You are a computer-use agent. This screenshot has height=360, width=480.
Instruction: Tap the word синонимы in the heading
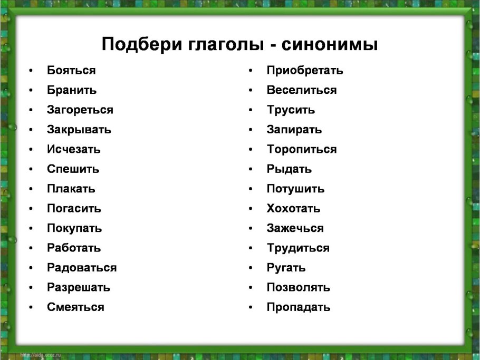pyautogui.click(x=330, y=44)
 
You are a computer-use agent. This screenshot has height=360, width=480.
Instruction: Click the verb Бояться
pyautogui.click(x=71, y=70)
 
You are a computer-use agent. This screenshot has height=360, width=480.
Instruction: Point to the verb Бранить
pyautogui.click(x=72, y=90)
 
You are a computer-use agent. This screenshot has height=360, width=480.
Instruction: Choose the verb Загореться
pyautogui.click(x=80, y=110)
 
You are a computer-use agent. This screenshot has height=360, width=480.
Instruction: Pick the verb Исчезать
pyautogui.click(x=73, y=149)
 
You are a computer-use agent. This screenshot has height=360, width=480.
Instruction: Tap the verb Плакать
pyautogui.click(x=71, y=189)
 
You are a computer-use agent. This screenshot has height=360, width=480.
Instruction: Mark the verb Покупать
pyautogui.click(x=74, y=228)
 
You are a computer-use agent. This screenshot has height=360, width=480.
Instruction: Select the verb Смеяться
pyautogui.click(x=75, y=307)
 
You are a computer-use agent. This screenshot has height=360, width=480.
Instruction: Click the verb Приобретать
pyautogui.click(x=305, y=70)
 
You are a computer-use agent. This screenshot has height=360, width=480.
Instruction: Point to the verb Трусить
pyautogui.click(x=291, y=110)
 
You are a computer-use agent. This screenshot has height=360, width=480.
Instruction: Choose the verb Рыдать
pyautogui.click(x=289, y=169)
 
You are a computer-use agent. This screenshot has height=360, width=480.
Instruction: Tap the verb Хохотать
pyautogui.click(x=293, y=209)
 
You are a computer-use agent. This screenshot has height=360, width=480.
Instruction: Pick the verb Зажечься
pyautogui.click(x=295, y=228)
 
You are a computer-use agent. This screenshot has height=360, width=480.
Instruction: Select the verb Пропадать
pyautogui.click(x=299, y=307)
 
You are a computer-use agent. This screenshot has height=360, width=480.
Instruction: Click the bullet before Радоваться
pyautogui.click(x=33, y=268)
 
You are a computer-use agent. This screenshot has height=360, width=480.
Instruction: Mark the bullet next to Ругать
pyautogui.click(x=252, y=268)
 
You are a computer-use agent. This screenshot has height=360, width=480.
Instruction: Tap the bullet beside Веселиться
pyautogui.click(x=252, y=90)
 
